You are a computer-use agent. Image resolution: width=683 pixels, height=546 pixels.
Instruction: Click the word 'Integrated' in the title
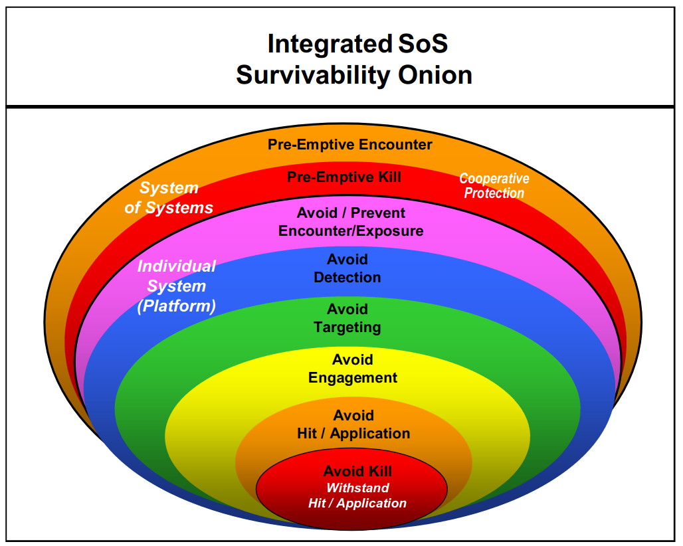[x=330, y=45]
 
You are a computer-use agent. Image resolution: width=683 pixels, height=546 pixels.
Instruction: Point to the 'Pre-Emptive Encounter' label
[x=349, y=145]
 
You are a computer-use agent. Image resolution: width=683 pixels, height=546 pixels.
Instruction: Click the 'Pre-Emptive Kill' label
[x=343, y=177]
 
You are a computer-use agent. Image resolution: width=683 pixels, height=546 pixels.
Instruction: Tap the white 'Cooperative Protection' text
[x=494, y=186]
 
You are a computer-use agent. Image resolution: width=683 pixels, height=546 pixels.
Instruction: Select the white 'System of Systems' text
[x=169, y=198]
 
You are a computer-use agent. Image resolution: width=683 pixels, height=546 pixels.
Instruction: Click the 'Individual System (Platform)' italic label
[x=177, y=286]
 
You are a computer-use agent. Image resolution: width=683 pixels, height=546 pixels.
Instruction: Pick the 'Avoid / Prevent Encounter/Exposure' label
[x=351, y=222]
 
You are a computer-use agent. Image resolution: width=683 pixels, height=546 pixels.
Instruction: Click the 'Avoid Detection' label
[x=347, y=268]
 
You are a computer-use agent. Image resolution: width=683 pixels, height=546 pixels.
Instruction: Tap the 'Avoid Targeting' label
[x=347, y=318]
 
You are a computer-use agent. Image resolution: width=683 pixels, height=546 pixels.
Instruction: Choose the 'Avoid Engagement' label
[x=352, y=369]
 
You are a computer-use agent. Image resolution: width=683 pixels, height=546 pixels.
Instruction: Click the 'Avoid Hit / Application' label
[x=353, y=424]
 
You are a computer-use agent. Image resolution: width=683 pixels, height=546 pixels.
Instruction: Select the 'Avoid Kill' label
[x=357, y=471]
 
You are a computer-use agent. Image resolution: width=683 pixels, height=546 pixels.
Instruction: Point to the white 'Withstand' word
[x=357, y=488]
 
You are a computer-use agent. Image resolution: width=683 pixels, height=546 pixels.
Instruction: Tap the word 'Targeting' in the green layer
[x=347, y=327]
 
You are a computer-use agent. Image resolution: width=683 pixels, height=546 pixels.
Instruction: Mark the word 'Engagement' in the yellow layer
[x=352, y=378]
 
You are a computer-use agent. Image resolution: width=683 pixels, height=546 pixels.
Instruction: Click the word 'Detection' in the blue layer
[x=347, y=278]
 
